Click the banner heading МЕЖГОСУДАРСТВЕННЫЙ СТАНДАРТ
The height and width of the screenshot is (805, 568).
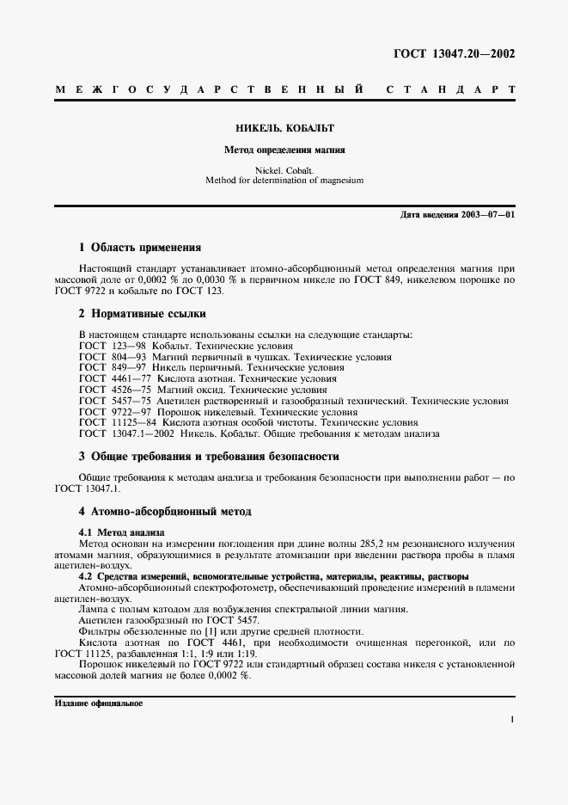(x=284, y=89)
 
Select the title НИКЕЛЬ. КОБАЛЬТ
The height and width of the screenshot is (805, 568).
(x=284, y=128)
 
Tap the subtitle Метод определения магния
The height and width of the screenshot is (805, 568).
(x=284, y=149)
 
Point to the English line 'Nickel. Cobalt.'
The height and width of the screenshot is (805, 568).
(x=284, y=170)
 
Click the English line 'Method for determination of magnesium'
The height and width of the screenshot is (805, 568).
(x=284, y=181)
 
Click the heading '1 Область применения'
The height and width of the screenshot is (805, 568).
(x=139, y=248)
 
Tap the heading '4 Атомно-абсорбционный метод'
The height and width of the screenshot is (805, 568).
(x=165, y=512)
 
